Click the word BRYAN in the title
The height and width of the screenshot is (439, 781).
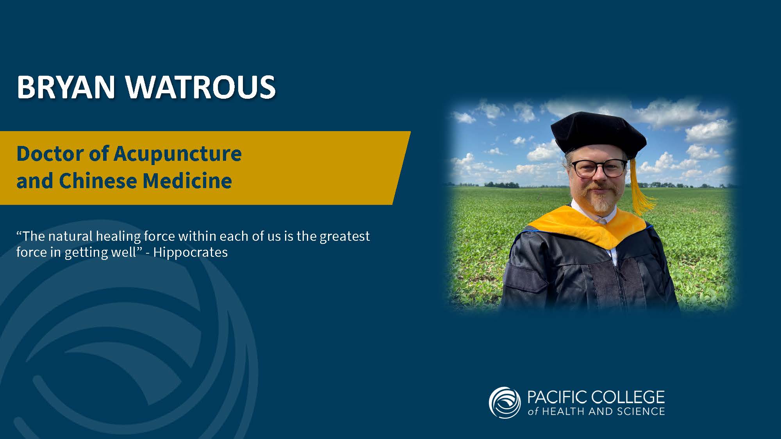[x=66, y=87]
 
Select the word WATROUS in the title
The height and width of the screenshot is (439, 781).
[x=201, y=87]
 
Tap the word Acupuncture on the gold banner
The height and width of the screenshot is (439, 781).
[x=178, y=154]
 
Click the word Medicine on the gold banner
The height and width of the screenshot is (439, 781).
[x=187, y=181]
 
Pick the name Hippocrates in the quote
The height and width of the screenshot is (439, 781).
[x=191, y=252]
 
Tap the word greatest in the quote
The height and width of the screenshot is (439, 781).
[x=345, y=236]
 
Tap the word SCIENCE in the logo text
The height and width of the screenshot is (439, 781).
[x=641, y=411]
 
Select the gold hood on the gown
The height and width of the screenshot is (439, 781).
[x=590, y=226]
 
